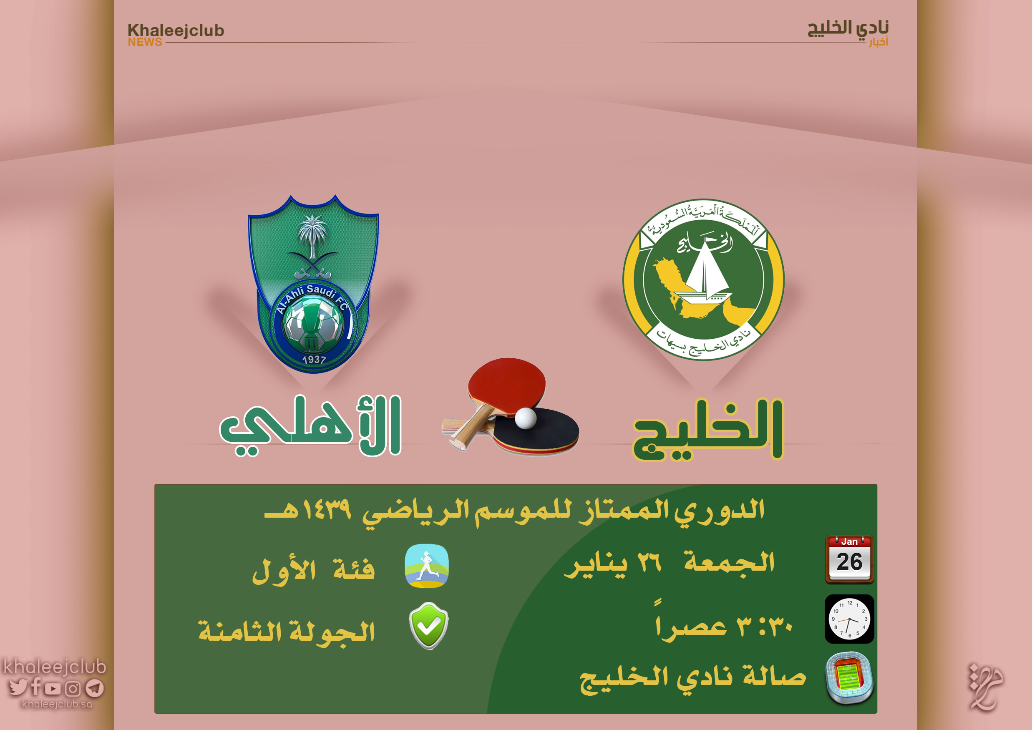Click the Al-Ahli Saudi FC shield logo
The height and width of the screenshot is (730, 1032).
pos(313,283)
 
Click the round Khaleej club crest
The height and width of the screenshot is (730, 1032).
pos(703,279)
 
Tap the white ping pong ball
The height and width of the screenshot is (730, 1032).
pos(526,418)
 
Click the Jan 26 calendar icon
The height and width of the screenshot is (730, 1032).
pos(849,559)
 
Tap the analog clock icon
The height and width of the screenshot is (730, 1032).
pos(849,619)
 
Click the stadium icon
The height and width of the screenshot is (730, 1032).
pos(849,678)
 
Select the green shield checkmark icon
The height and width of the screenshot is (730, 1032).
pos(428,626)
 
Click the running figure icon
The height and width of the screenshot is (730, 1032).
pos(427,566)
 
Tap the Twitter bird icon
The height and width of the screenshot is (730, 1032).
pos(18,687)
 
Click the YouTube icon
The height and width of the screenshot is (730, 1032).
pos(53,688)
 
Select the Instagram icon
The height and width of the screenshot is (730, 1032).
pos(73,688)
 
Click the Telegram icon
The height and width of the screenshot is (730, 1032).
pos(94,688)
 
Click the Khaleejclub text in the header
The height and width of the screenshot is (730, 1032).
pos(176,30)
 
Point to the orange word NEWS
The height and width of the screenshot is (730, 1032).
pos(145,42)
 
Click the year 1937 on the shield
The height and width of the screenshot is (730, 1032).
pos(314,360)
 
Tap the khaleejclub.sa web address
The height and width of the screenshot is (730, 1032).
pos(57,704)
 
